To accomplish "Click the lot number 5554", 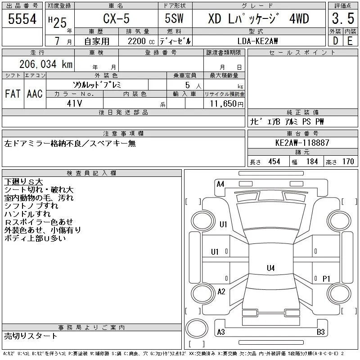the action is (22, 19).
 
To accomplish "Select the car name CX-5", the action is (116, 18).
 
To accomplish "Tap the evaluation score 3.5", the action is (343, 18).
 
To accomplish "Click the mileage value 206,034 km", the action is (46, 64).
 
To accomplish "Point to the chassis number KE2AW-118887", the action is (302, 143).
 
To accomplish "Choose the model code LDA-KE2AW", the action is (257, 41).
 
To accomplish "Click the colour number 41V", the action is (74, 103).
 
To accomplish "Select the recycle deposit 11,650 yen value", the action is (227, 104).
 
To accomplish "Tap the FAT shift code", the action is (13, 94).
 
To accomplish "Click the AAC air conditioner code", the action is (35, 94).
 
